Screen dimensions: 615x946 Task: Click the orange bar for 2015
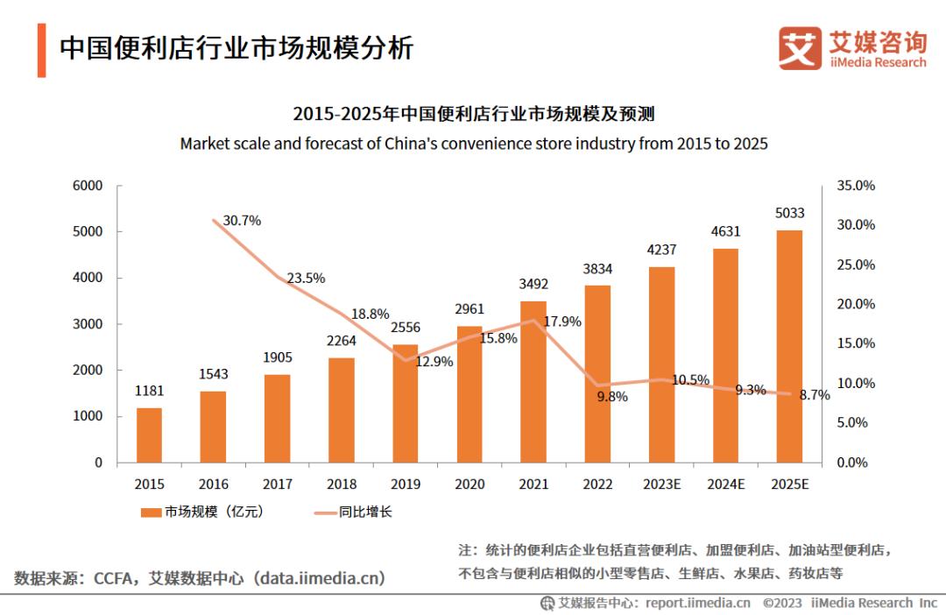coord(149,435)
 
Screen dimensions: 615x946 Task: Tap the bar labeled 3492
coord(533,382)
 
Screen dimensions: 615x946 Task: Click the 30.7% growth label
coord(242,221)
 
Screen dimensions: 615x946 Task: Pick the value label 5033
coord(790,213)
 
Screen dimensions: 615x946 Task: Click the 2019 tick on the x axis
coord(406,483)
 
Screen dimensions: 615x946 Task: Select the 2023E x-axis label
coord(662,483)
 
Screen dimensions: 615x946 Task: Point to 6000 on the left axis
coord(87,186)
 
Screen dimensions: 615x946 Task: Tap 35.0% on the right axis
coord(856,186)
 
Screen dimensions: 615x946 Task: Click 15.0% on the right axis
coord(856,343)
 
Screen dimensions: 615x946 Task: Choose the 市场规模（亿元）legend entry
coord(201,512)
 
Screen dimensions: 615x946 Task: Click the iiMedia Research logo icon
coord(800,49)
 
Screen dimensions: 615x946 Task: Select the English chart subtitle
coord(474,144)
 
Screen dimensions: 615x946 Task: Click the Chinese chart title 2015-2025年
coord(474,115)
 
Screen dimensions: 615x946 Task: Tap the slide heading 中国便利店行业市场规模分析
coord(236,47)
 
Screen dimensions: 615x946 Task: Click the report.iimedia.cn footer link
coord(697,603)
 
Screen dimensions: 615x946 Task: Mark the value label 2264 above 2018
coord(342,343)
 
